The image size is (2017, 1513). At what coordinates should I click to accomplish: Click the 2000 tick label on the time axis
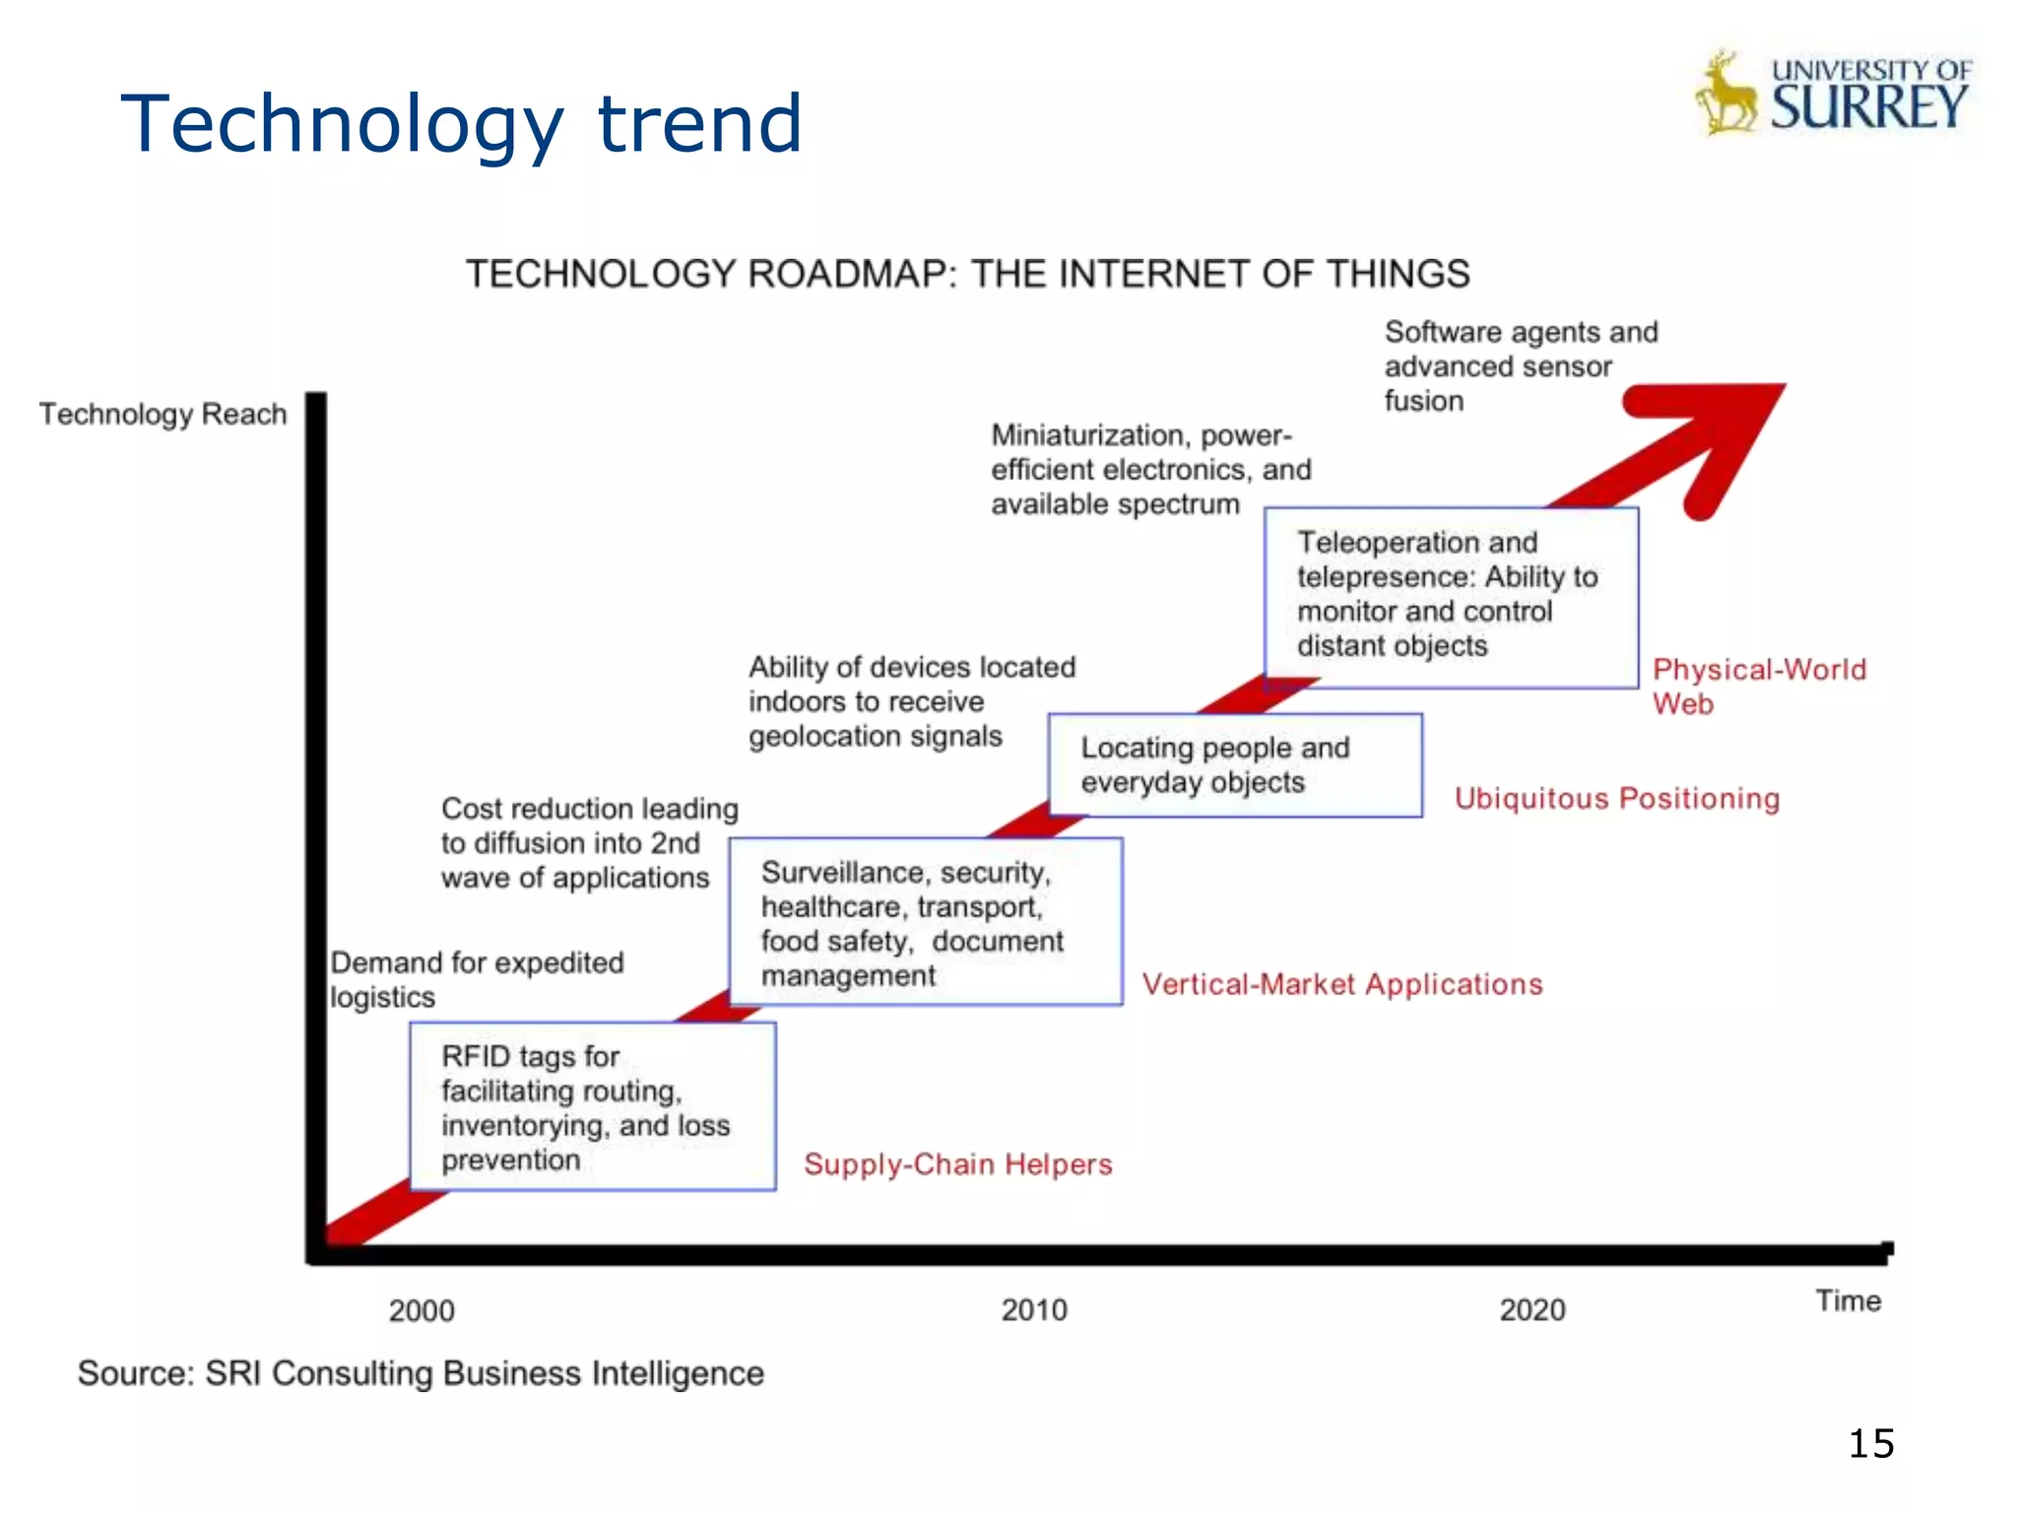422,1311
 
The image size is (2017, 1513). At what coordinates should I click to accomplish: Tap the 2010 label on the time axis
1034,1310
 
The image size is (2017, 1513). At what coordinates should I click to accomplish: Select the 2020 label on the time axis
1532,1310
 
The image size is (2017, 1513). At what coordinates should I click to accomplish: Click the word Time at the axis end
1849,1301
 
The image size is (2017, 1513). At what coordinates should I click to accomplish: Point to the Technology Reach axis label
163,414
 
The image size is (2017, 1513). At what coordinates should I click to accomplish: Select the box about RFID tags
593,1106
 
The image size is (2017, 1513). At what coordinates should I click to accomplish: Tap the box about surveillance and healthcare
926,922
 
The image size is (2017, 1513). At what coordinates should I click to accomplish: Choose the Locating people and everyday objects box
1235,765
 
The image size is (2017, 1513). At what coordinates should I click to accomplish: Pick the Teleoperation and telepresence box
1451,597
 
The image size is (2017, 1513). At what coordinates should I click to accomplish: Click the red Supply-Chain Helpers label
958,1164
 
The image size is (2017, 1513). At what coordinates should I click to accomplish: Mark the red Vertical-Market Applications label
1342,984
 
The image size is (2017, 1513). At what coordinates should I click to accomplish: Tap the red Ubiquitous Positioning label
1617,798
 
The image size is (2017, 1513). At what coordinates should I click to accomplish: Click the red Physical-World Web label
1759,687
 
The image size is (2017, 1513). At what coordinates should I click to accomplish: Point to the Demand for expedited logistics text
477,979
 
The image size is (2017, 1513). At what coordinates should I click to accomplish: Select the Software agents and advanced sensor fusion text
1521,365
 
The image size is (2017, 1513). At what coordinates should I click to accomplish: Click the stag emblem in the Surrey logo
1725,96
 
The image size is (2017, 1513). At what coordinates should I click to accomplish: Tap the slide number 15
1871,1444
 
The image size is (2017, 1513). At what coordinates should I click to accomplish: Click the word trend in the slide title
700,123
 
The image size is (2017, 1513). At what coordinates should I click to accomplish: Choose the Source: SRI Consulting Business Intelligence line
421,1373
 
